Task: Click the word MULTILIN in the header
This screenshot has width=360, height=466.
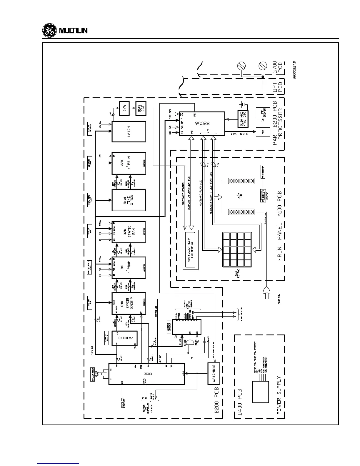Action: click(74, 31)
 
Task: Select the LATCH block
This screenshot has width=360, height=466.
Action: click(129, 132)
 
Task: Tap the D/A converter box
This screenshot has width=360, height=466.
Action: click(124, 109)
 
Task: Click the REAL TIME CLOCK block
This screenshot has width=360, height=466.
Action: click(129, 200)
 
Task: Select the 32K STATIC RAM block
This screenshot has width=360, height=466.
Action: click(129, 232)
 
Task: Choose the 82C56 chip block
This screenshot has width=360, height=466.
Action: click(202, 124)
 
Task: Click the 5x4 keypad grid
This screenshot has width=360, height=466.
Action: click(237, 249)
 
